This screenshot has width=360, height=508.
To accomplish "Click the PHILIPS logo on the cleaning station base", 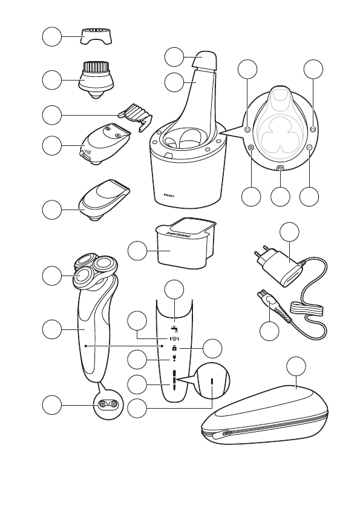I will coord(171,196).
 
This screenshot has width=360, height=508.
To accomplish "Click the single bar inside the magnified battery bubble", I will coord(213,382).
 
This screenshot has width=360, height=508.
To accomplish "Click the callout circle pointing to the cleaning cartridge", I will coord(138,251).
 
